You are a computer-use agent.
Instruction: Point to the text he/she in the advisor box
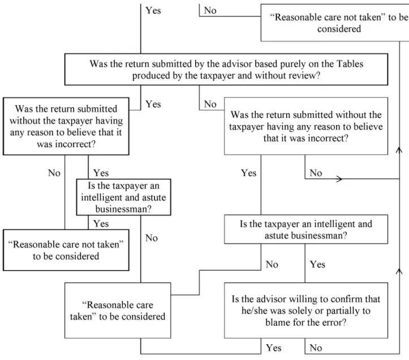[254, 311]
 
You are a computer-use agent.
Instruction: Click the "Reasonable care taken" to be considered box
[118, 310]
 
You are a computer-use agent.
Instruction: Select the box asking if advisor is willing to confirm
[306, 310]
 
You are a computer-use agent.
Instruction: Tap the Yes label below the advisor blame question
[274, 348]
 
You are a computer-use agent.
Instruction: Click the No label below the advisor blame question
[316, 348]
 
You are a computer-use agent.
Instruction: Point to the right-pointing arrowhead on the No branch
[340, 179]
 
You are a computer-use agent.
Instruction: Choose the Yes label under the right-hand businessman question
[317, 264]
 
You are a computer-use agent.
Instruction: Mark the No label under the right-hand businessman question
[272, 264]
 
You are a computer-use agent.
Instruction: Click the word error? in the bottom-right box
[334, 323]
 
